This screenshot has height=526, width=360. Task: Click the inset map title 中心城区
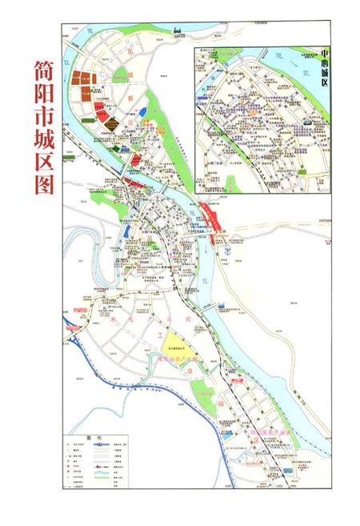326,67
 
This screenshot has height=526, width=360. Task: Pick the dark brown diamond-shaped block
114,122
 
